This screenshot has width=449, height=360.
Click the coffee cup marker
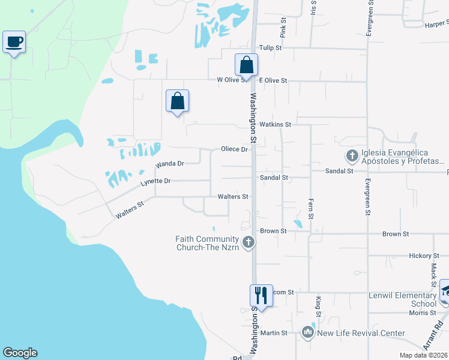coord(14,42)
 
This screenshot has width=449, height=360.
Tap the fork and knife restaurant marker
coord(261,296)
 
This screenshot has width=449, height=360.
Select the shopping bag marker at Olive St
coord(246,65)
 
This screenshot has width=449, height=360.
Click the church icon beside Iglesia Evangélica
coord(352,156)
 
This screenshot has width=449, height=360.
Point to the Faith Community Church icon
coord(249,243)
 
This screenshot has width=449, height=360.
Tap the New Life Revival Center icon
coord(308,332)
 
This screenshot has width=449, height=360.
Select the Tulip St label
coord(270,48)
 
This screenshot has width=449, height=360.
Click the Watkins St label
coord(275,124)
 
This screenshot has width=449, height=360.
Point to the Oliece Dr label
coord(234,149)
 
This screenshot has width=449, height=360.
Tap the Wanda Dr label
coord(169,163)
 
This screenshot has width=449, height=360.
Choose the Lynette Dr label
coord(155,181)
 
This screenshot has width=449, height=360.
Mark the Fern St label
coord(311,208)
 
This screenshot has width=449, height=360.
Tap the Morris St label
coord(423,313)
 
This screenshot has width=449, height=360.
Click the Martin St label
coord(274,332)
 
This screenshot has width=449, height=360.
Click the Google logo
coord(20,353)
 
